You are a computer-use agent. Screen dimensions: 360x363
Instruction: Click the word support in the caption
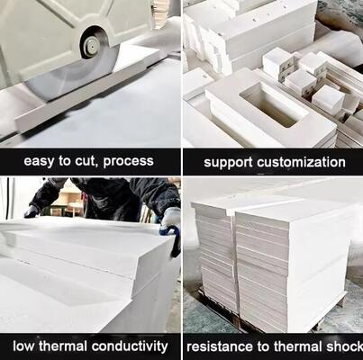[x=228, y=163]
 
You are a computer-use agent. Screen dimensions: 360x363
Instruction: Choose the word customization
[x=302, y=163]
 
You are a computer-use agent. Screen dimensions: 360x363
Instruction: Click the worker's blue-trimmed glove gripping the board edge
[x=170, y=224]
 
